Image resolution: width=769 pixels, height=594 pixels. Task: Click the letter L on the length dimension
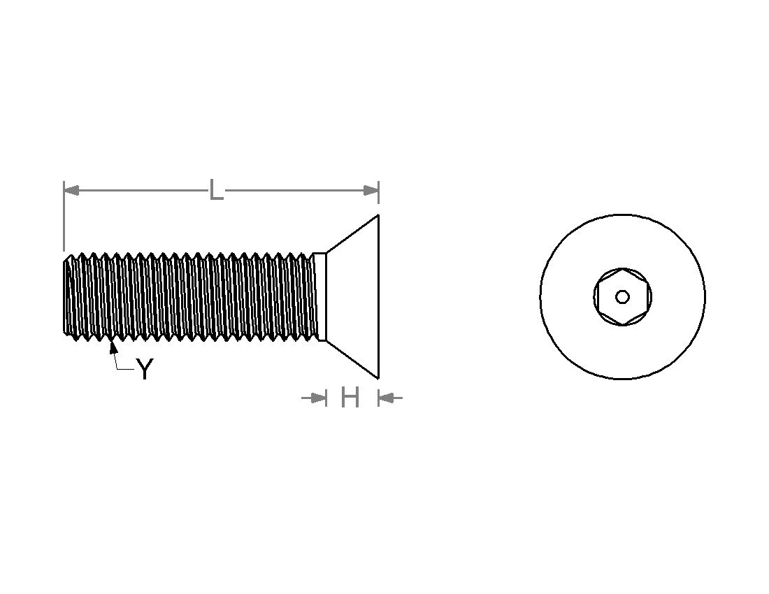point(216,190)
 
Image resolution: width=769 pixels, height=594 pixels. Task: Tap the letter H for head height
point(350,398)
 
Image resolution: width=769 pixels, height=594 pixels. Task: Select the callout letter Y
point(144,369)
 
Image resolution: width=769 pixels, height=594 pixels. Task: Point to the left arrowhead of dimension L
point(71,190)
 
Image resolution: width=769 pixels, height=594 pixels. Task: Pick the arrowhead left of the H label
point(319,398)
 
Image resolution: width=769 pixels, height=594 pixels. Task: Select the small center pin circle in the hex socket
point(622,297)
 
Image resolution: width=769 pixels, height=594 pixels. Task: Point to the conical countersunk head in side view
point(357,297)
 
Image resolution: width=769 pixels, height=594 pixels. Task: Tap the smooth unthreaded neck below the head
point(319,297)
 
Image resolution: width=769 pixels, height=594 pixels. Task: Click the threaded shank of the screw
point(189,297)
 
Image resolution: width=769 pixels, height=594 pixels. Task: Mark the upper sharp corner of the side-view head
point(378,215)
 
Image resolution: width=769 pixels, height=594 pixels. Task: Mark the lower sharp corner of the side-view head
point(378,378)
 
